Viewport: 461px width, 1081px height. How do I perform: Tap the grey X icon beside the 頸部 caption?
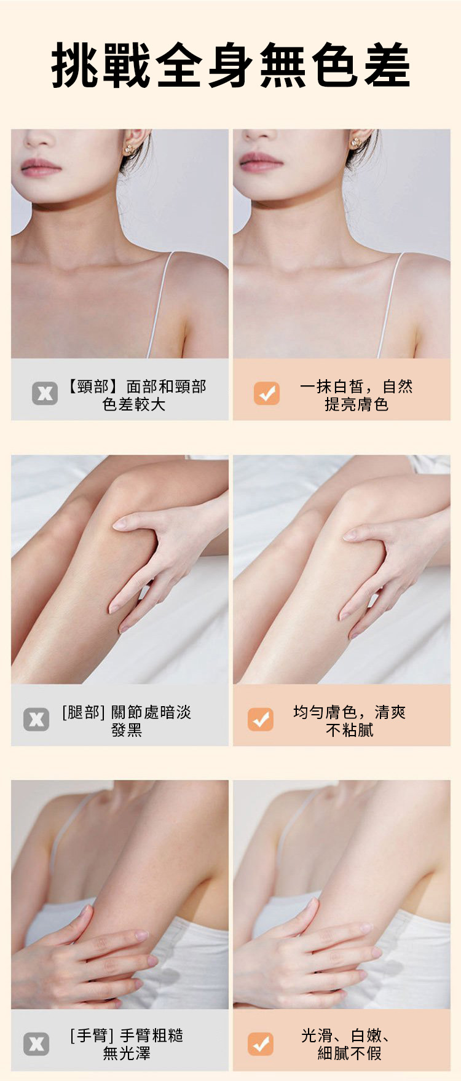click(x=45, y=393)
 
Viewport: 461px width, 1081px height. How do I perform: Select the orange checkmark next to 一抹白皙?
click(x=267, y=393)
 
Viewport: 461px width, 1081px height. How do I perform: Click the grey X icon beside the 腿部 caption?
click(x=36, y=719)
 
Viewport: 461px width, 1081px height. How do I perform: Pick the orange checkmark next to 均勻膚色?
click(x=261, y=719)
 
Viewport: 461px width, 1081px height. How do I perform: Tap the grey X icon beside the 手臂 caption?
click(x=36, y=1044)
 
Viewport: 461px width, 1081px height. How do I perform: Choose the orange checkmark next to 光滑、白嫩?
click(x=261, y=1044)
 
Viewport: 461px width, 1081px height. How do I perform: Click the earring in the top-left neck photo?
click(x=131, y=147)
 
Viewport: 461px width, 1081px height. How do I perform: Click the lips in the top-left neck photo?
click(x=41, y=166)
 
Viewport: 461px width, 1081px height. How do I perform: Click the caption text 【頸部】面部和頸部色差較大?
click(x=135, y=395)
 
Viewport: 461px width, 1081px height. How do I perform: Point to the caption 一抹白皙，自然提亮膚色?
click(x=357, y=395)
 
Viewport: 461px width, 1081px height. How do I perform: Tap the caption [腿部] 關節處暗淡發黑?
click(x=127, y=721)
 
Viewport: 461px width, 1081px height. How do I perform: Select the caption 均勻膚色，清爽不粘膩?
click(x=349, y=721)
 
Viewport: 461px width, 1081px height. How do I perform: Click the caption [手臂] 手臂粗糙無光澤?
click(x=127, y=1044)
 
